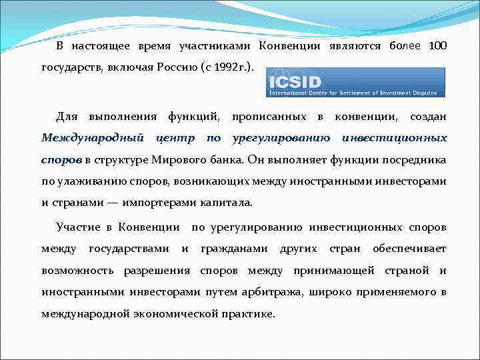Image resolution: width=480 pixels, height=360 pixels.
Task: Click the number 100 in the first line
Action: coord(437,46)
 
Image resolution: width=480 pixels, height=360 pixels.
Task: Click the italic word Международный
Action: coord(93,138)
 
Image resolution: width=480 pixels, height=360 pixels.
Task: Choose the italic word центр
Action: coord(176,138)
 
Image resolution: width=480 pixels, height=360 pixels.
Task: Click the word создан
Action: coord(428,117)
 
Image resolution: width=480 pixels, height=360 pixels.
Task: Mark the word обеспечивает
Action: coord(410,249)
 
